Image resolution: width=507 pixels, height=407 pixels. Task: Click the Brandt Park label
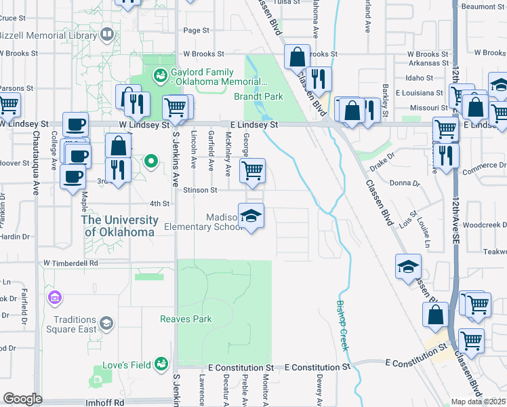coord(258,97)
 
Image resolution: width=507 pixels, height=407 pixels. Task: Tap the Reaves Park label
coord(186,319)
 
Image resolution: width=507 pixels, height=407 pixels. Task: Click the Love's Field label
coord(126,365)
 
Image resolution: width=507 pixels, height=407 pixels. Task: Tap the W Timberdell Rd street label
coord(70,263)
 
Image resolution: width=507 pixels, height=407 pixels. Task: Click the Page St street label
coord(197,31)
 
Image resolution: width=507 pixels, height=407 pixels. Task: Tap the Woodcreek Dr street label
coord(483,225)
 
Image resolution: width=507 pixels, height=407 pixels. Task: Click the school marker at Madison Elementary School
coord(251,216)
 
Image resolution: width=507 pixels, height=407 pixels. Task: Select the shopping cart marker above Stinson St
coord(252,171)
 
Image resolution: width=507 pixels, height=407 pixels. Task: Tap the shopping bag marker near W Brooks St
coord(297,58)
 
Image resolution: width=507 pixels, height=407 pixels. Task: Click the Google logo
coord(22,399)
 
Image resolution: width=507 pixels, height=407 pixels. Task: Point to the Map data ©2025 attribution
coord(478,402)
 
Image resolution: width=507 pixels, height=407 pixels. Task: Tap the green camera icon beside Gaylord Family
coord(161,76)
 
